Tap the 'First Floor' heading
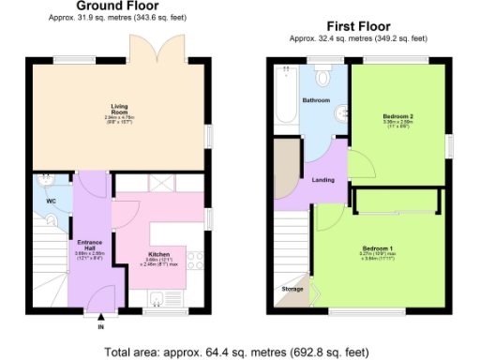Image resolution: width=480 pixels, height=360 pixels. pos(358,26)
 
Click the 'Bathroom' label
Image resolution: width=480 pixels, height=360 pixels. pos(315,99)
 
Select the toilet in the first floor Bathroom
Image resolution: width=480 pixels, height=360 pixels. pos(324,75)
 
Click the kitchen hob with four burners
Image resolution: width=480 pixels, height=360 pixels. pos(195,259)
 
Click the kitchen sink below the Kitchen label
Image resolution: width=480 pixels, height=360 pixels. pos(159,299)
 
